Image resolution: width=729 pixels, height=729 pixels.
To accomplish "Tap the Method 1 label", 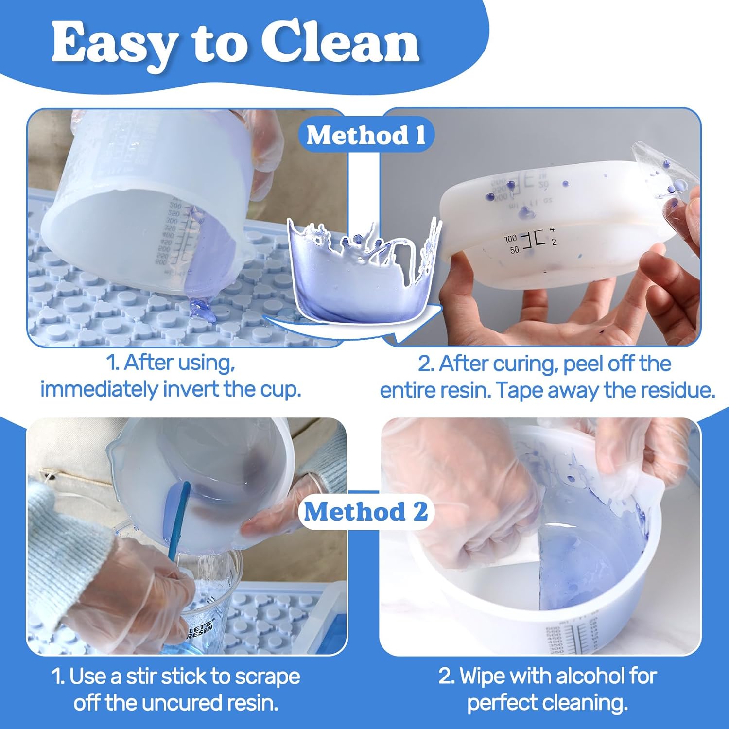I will [x=365, y=135].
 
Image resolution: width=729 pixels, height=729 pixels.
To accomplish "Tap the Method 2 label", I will [x=365, y=511].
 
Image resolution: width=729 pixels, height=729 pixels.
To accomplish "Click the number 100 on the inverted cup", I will [x=510, y=239].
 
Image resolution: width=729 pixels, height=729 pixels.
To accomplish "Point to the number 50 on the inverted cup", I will [x=514, y=250].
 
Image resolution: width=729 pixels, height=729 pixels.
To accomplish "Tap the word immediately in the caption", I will [x=100, y=389].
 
